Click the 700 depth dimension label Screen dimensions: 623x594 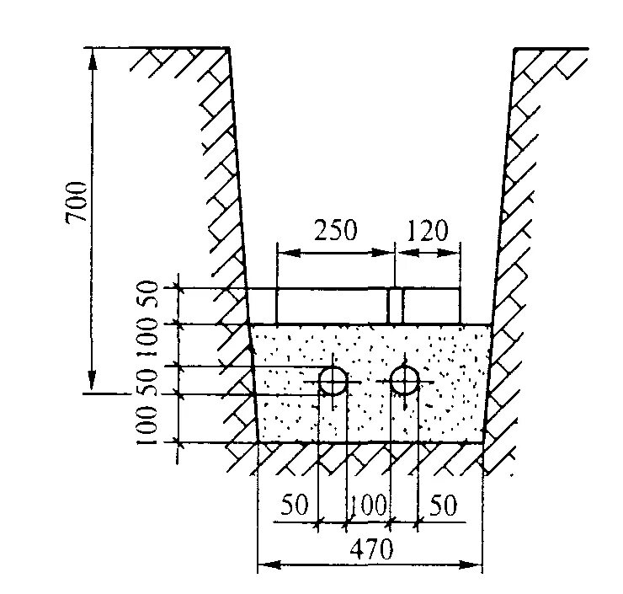76,201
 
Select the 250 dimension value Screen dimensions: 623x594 335,229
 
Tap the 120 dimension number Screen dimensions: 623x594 428,229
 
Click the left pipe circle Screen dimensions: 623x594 333,381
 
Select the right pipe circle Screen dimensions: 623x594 406,381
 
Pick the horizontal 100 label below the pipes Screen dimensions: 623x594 369,506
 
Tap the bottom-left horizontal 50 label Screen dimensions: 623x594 295,506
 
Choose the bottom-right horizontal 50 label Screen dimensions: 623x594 443,506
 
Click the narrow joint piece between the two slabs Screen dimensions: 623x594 395,306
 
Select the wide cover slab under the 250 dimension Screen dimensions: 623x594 333,306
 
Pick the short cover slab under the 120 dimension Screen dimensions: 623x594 431,306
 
